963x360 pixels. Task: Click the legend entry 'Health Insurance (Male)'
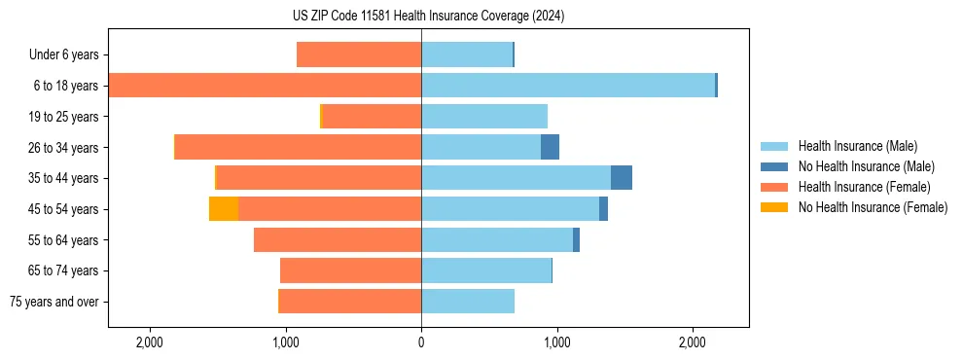click(857, 146)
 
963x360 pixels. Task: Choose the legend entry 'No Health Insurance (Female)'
click(873, 207)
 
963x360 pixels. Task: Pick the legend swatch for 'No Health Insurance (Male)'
click(774, 166)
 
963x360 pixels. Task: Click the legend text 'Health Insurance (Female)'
click(864, 187)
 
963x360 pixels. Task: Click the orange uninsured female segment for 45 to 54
click(224, 209)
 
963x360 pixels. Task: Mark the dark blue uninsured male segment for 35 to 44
click(622, 178)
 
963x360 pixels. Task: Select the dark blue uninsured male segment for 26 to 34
click(551, 147)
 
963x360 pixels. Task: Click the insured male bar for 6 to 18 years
click(568, 86)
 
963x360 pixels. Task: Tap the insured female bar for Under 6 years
click(359, 54)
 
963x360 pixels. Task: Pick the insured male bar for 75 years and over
click(468, 302)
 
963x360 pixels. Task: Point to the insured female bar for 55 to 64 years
click(338, 239)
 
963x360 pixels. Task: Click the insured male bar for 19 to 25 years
click(484, 117)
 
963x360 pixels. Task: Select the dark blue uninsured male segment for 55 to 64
click(576, 239)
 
